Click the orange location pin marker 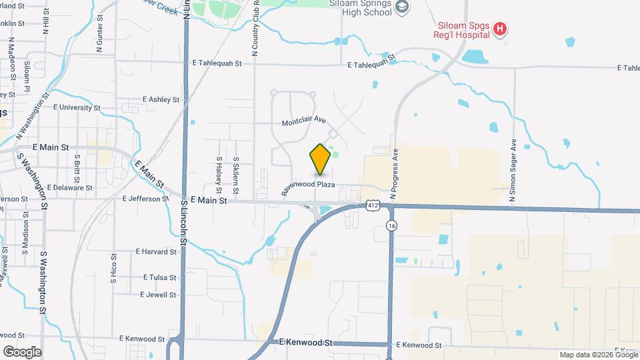(x=321, y=159)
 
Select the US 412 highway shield (x=373, y=207)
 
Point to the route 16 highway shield (x=391, y=227)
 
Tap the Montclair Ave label (x=303, y=122)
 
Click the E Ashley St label (x=161, y=100)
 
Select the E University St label (x=77, y=107)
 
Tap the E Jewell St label (x=158, y=295)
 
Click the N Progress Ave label (x=394, y=172)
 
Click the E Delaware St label (x=70, y=188)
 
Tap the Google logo (x=22, y=351)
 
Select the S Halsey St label (x=219, y=172)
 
